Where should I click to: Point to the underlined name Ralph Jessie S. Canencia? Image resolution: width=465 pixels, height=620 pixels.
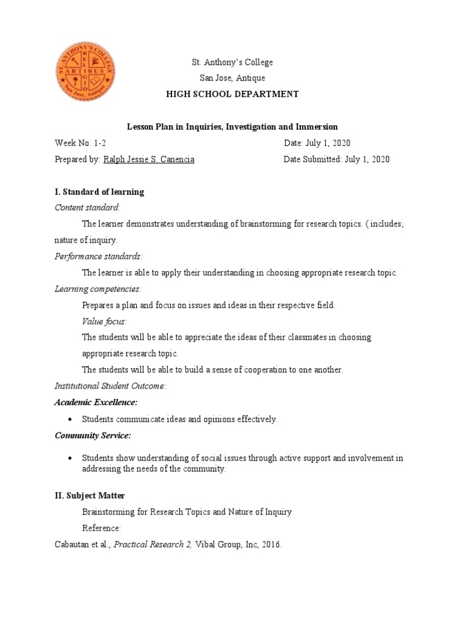(149, 160)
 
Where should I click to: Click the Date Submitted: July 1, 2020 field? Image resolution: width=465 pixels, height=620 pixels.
(337, 160)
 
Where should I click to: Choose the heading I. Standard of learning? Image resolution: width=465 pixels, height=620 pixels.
(99, 192)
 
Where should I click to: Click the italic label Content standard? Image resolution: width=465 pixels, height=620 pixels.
(88, 208)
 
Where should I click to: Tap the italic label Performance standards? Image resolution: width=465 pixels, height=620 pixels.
(99, 257)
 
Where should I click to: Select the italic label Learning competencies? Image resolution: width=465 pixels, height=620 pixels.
(98, 289)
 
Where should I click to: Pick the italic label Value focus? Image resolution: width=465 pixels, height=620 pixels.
(105, 321)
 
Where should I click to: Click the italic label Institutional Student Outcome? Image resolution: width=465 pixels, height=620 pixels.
(110, 386)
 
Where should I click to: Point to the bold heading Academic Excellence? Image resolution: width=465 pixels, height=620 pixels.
(96, 402)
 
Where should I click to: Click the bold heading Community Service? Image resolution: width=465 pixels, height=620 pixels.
(93, 435)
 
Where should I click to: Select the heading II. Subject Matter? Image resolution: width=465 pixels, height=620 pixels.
(90, 496)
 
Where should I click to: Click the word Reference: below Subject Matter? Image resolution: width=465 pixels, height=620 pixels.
(102, 529)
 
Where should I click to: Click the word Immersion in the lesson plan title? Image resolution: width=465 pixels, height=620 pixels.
(315, 127)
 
